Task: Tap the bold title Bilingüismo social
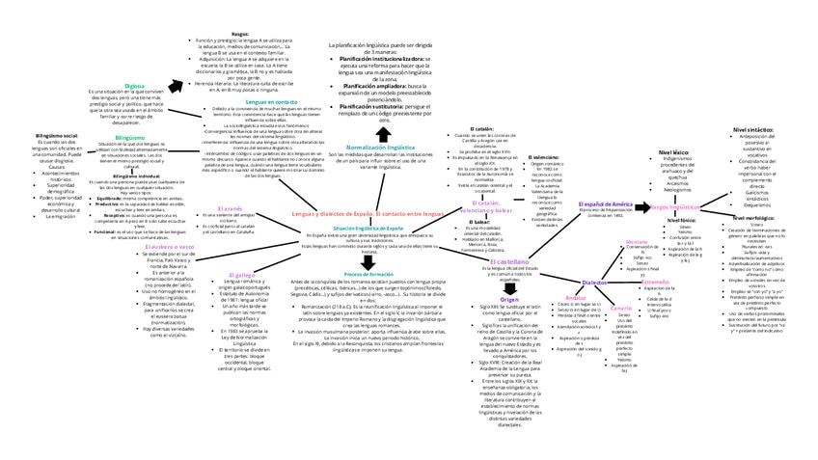(56, 136)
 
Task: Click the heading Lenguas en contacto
(272, 101)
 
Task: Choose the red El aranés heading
(229, 208)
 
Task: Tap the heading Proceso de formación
(368, 275)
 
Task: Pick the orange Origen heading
(509, 300)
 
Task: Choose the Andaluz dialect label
(576, 297)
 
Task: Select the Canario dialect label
(620, 308)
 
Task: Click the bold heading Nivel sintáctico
(753, 128)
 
